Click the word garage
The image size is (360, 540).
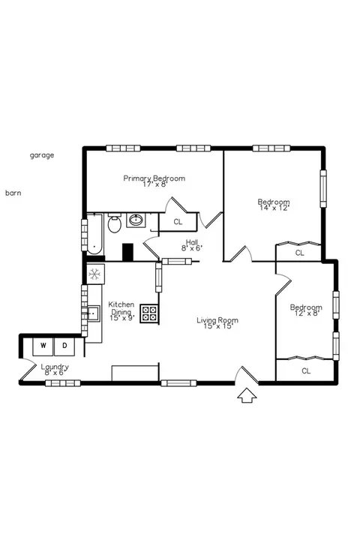[x=42, y=155]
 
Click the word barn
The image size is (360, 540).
[x=13, y=193]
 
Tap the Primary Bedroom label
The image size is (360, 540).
[x=154, y=178]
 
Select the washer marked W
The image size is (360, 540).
[x=43, y=346]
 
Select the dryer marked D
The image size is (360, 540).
[x=64, y=346]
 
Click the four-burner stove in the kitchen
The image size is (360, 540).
[x=149, y=313]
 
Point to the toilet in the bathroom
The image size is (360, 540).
[x=114, y=223]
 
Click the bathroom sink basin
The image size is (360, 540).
[x=136, y=220]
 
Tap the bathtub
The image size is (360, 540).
[x=94, y=234]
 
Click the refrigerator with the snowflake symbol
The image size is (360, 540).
[x=95, y=274]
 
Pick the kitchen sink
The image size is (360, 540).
[x=93, y=313]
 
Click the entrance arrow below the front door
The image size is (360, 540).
[x=247, y=395]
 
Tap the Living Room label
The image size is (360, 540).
[x=217, y=320]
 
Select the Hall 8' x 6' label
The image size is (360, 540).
[x=192, y=244]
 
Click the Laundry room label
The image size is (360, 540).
[x=55, y=367]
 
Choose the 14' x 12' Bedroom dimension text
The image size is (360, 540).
[x=274, y=208]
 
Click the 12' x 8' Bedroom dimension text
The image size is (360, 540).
[x=306, y=313]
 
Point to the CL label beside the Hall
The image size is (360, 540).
[x=178, y=222]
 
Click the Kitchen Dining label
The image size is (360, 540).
[x=121, y=308]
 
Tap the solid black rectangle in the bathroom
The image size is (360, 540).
[x=127, y=252]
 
